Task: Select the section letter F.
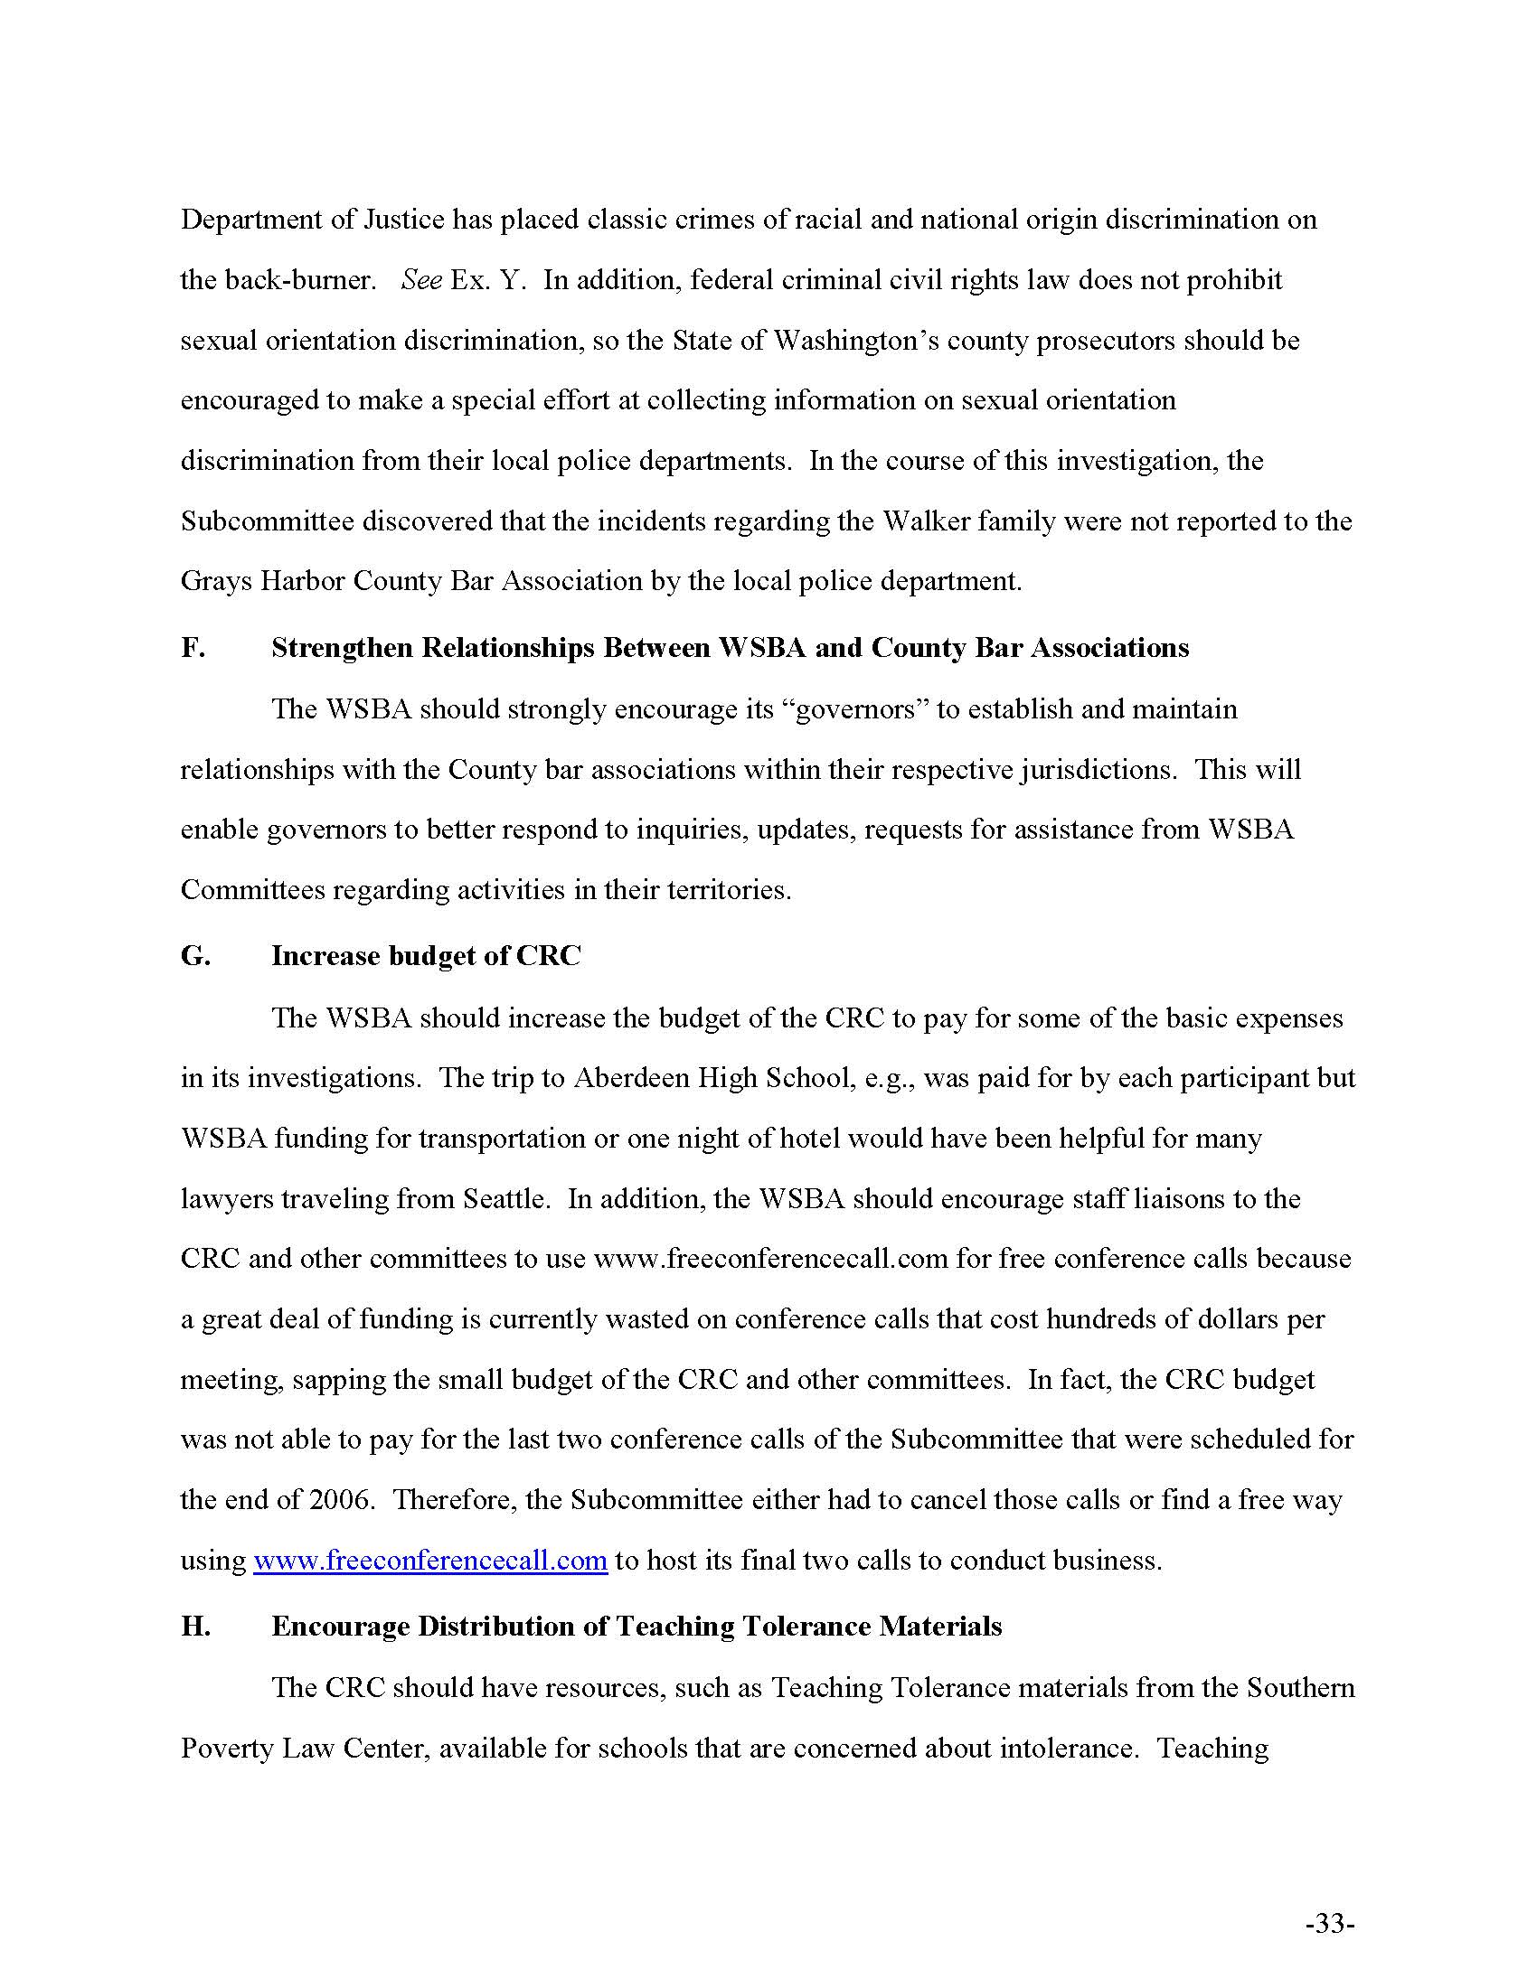pyautogui.click(x=192, y=648)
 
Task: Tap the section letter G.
pyautogui.click(x=195, y=956)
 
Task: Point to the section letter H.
pyautogui.click(x=196, y=1627)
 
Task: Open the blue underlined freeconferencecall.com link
pyautogui.click(x=429, y=1561)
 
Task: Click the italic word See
pyautogui.click(x=420, y=279)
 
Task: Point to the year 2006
pyautogui.click(x=342, y=1500)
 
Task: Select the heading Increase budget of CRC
pyautogui.click(x=425, y=956)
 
